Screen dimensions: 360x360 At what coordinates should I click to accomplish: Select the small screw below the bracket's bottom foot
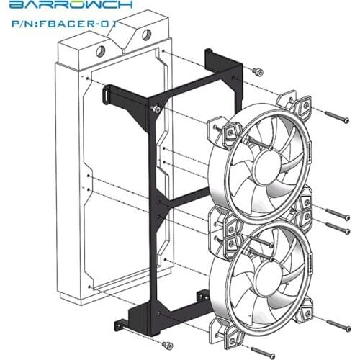click(x=167, y=345)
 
